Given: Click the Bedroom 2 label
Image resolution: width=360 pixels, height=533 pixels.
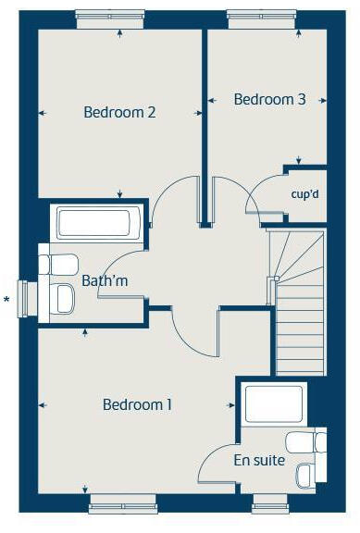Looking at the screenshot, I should point(119,113).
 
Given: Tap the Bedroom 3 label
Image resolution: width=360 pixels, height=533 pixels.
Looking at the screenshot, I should point(269,99).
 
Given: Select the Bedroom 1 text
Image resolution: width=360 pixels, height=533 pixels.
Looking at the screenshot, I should point(138,404).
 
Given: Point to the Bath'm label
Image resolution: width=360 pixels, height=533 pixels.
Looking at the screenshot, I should point(105,280).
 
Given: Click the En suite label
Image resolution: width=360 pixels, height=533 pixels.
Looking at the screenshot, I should point(259,460).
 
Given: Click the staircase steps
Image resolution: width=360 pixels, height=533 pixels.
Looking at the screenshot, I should point(298,315).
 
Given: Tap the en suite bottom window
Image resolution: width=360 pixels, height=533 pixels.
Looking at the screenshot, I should point(270,505).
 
